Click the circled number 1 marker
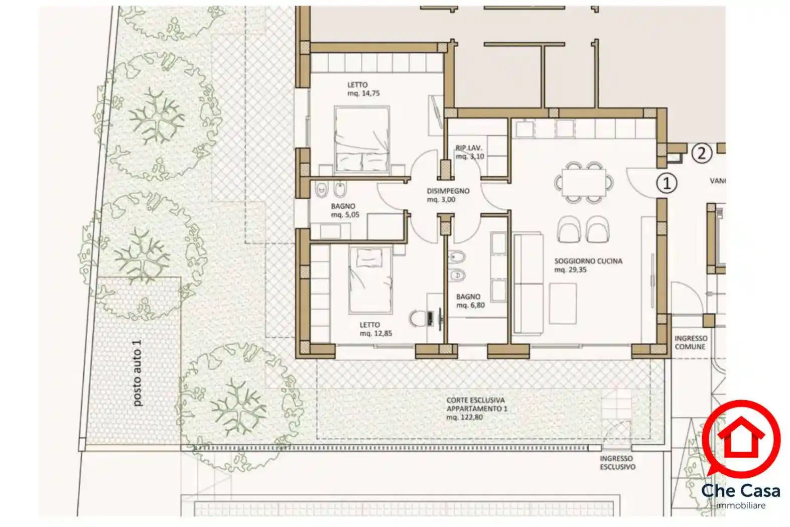click(666, 183)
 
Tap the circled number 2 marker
click(701, 154)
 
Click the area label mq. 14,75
click(363, 93)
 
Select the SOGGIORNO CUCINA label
click(588, 261)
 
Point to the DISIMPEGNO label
click(448, 191)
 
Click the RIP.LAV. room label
click(468, 148)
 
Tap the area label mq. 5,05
click(345, 214)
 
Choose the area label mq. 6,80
click(470, 305)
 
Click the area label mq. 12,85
click(375, 333)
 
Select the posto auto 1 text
click(137, 373)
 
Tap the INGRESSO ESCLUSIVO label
click(617, 462)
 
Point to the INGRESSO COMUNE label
click(691, 342)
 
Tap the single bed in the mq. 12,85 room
click(370, 281)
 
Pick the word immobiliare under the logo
click(740, 505)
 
